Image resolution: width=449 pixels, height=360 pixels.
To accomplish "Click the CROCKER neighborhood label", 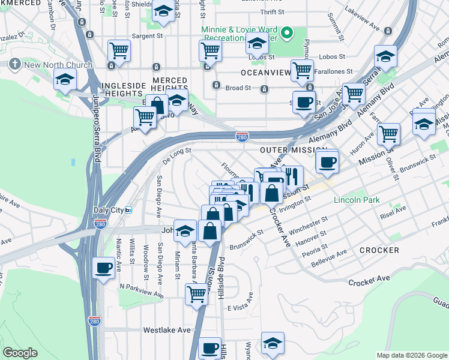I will click(x=379, y=250).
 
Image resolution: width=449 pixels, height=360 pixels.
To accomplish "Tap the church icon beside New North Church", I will click(x=17, y=65).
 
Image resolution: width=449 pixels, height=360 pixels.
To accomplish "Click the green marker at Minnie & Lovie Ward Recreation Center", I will click(x=288, y=33).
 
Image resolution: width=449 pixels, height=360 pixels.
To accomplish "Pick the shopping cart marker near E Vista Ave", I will click(x=196, y=294).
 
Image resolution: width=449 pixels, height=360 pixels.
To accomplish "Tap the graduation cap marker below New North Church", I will click(x=65, y=79).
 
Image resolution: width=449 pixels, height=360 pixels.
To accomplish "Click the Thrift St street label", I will click(x=271, y=12).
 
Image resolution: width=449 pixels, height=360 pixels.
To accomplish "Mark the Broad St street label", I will click(x=238, y=88).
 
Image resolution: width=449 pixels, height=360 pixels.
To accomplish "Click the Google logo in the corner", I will click(x=20, y=353).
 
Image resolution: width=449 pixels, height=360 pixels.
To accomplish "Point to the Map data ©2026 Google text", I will click(x=412, y=355).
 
